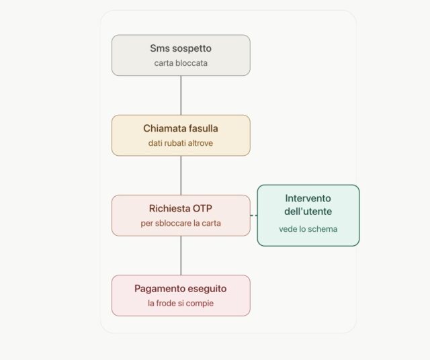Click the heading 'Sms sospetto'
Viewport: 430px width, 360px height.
tap(181, 48)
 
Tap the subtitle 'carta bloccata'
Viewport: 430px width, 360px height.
tap(181, 63)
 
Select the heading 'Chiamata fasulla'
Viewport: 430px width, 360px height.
tap(181, 128)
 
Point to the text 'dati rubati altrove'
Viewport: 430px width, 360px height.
tap(181, 143)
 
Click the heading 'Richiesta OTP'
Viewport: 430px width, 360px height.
tap(181, 208)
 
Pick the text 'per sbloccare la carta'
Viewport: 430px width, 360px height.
tap(181, 223)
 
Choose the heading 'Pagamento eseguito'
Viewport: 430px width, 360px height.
tap(181, 289)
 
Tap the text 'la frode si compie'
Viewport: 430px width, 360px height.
tap(181, 303)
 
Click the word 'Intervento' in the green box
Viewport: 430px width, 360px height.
tap(308, 198)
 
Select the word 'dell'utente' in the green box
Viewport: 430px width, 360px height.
tap(308, 212)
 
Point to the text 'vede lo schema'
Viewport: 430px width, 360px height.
tap(308, 229)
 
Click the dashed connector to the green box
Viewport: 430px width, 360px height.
tap(254, 216)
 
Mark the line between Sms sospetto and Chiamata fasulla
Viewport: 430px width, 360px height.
tap(181, 95)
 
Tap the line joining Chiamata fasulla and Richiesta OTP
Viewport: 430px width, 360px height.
tap(181, 175)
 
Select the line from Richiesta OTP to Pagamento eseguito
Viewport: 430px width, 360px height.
tap(181, 255)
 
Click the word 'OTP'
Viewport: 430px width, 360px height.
tap(202, 208)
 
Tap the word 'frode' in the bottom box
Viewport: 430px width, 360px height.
tap(167, 303)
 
